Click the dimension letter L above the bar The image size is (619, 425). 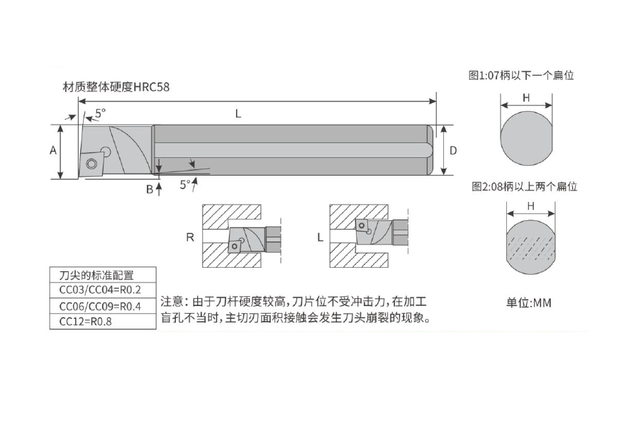[x=238, y=114]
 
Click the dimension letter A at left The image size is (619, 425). [x=53, y=150]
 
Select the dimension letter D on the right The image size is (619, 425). [x=453, y=150]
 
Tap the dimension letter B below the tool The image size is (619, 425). [x=150, y=190]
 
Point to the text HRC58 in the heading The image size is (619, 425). [x=152, y=86]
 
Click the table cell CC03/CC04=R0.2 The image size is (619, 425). [x=100, y=290]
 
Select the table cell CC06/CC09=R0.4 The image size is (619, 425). [x=100, y=306]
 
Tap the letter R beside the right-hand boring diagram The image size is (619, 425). [x=190, y=237]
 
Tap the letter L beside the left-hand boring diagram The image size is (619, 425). [x=320, y=237]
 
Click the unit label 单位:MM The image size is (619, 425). [x=529, y=302]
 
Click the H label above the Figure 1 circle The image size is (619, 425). [x=526, y=98]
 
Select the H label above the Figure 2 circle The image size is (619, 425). [x=531, y=206]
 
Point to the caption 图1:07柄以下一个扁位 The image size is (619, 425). [x=521, y=75]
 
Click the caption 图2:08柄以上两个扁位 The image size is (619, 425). [x=524, y=186]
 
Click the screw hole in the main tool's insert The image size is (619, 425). [x=91, y=163]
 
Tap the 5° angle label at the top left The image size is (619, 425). [x=101, y=113]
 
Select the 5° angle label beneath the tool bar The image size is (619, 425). [x=185, y=184]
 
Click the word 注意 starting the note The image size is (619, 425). [x=172, y=302]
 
